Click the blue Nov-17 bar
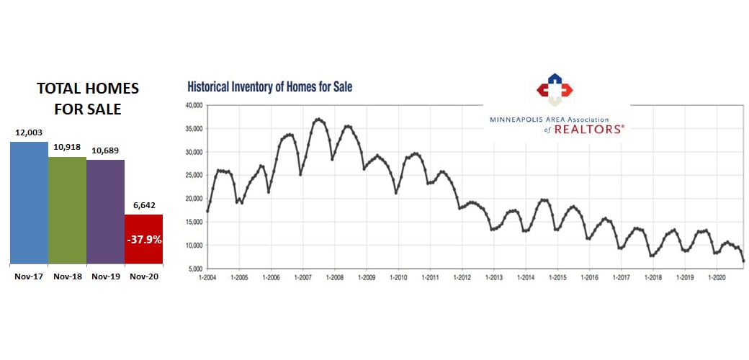pos(29,203)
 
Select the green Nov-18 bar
pos(68,210)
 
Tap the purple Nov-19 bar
pos(106,212)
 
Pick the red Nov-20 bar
pos(144,239)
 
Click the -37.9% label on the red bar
pos(144,240)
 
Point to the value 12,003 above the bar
pos(29,134)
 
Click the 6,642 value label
pos(144,206)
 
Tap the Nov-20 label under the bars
pos(144,276)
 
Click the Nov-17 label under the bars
pos(29,276)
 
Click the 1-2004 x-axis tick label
pos(207,277)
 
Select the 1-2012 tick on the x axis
pos(462,277)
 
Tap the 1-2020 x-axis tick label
pos(717,277)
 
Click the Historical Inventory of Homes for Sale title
pos(270,87)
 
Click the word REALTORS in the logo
pos(589,129)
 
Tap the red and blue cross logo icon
pos(554,89)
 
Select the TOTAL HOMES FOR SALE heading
pos(88,99)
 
